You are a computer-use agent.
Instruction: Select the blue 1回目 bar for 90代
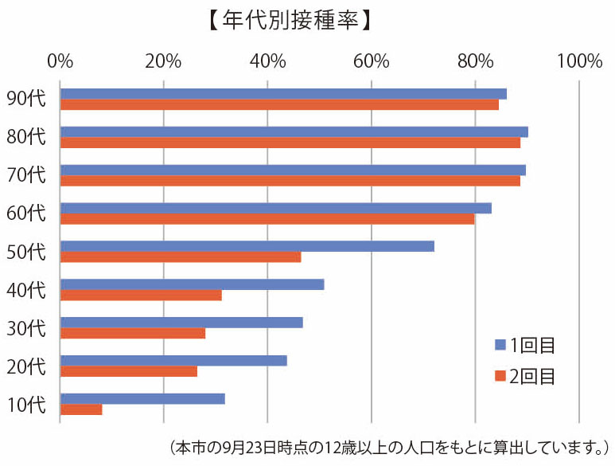283,94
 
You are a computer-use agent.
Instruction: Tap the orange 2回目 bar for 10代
81,409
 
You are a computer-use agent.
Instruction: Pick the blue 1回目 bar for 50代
247,246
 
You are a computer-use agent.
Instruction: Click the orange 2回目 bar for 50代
181,256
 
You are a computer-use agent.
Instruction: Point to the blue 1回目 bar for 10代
142,398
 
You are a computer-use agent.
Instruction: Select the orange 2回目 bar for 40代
141,295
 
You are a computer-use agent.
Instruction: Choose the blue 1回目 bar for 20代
173,360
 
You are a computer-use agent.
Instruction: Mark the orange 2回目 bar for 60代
267,219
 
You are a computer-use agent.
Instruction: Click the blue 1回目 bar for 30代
181,323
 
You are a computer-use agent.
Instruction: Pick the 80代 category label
26,137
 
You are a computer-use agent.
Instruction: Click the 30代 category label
26,327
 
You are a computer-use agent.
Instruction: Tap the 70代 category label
26,175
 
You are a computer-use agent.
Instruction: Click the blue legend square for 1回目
500,345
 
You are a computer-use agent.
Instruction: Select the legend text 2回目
534,375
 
